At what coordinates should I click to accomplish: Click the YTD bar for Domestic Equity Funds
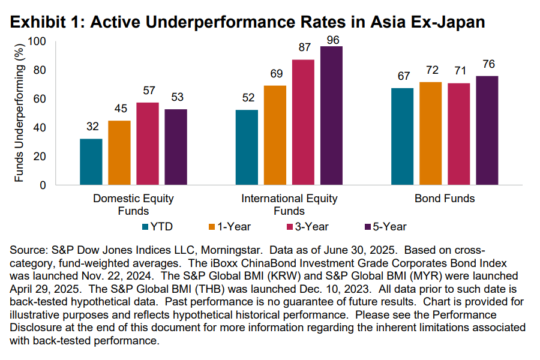91,161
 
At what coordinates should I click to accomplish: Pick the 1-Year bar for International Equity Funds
275,135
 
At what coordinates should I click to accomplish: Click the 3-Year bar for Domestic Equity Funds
148,143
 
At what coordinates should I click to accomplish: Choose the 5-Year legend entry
385,226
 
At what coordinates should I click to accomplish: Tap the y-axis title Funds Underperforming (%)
19,113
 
